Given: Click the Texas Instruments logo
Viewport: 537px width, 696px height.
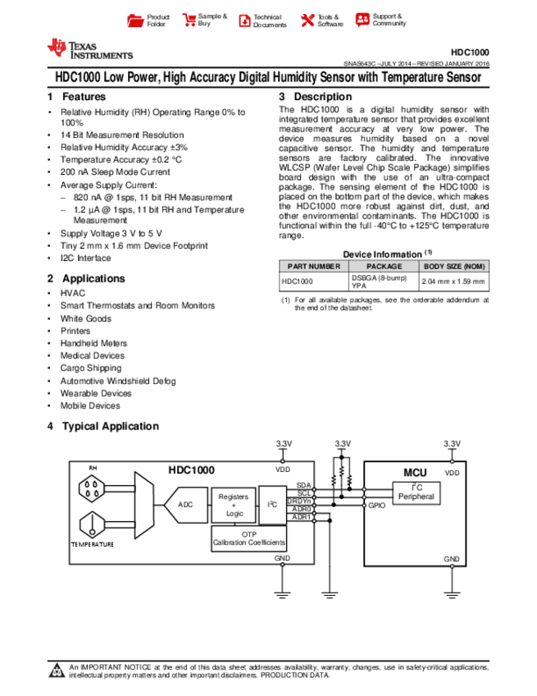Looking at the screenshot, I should tap(90, 50).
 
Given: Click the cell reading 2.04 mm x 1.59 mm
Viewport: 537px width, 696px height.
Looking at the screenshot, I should tap(453, 282).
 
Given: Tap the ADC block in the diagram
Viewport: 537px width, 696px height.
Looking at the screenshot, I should tap(186, 504).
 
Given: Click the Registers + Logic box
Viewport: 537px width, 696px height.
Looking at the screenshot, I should tap(234, 505).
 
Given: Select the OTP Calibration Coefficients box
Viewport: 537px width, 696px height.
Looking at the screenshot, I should tap(249, 538).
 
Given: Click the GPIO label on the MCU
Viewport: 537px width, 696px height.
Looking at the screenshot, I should tap(376, 506).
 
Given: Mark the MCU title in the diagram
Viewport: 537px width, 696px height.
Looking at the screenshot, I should tap(414, 474).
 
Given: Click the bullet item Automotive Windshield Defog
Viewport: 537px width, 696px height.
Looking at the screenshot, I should tap(117, 381).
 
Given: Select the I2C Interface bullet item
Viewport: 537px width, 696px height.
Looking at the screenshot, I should tap(85, 258).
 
